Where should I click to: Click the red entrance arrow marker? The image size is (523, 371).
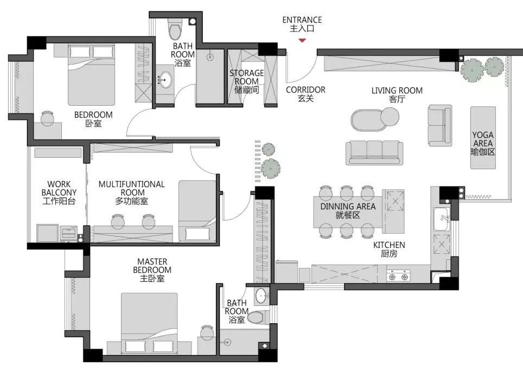click(302, 40)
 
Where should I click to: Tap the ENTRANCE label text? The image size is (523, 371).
click(302, 20)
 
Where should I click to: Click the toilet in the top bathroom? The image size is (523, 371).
click(175, 28)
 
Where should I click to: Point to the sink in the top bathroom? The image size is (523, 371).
click(164, 80)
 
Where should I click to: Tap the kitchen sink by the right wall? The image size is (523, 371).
click(442, 219)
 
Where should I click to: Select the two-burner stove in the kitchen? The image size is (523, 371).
click(398, 276)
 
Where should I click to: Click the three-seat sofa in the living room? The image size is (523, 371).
click(374, 152)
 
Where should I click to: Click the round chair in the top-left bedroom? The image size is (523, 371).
click(47, 118)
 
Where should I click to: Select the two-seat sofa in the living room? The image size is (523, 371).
click(441, 126)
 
